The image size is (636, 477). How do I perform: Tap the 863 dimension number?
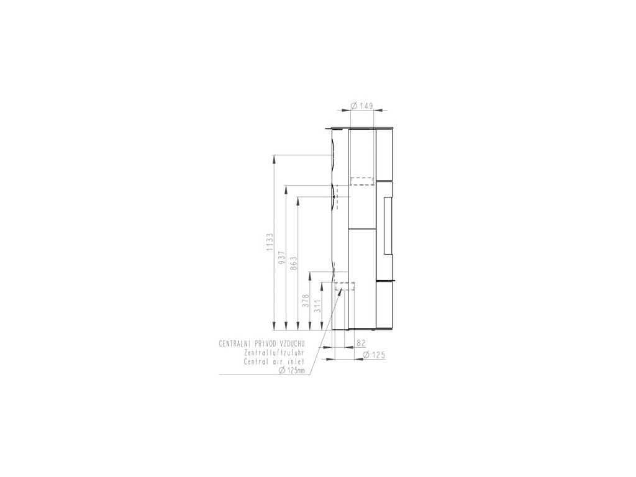coord(294,261)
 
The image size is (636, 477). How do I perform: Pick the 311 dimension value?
coord(317,306)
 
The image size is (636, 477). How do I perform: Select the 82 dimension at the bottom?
coord(361,343)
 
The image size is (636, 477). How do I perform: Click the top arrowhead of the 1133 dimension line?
coord(273,158)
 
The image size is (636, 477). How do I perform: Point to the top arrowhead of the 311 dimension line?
coord(322,284)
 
